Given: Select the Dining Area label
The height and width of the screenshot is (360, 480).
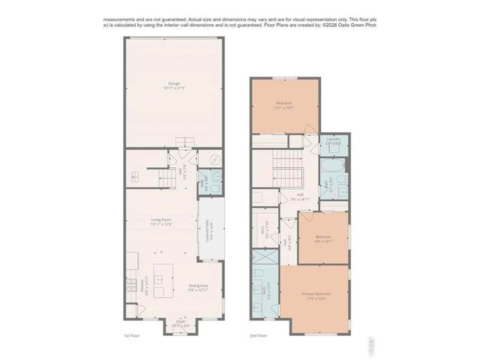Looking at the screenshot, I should point(198,287).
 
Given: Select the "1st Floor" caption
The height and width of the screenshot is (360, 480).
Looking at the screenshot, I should point(132,336).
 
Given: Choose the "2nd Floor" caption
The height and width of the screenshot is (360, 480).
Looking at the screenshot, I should point(258,336).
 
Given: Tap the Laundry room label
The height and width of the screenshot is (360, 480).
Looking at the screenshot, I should point(334,140).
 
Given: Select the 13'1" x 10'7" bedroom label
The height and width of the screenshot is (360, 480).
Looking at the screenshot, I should point(283,105).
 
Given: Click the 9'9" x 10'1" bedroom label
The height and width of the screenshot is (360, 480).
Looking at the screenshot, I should point(323,239).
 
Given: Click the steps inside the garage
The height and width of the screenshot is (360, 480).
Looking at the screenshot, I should point(185,142).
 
